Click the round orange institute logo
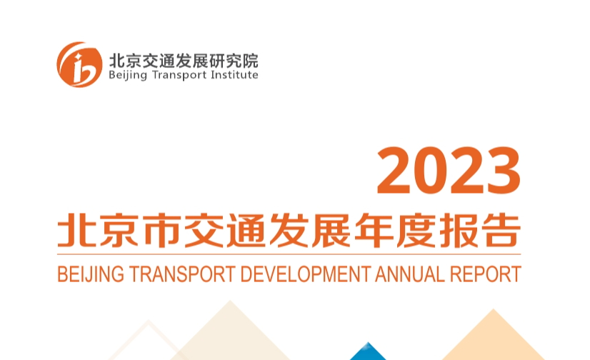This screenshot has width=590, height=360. [79, 64]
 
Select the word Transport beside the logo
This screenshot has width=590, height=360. [179, 75]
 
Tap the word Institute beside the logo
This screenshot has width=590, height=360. [234, 74]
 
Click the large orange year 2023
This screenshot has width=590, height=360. [449, 171]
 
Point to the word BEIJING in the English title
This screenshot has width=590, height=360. [91, 274]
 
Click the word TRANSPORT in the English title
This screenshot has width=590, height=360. [182, 274]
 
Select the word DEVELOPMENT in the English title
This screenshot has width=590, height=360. [306, 274]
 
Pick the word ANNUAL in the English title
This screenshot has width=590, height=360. [410, 274]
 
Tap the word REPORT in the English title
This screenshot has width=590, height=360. [486, 274]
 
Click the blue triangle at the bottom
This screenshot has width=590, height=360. [368, 351]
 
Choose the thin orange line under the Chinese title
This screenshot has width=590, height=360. [289, 255]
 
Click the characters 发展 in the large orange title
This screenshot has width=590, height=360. [310, 230]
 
